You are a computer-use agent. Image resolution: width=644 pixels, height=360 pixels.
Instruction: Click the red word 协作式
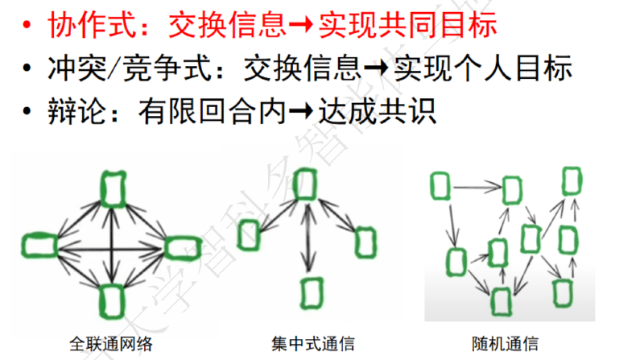click(x=92, y=25)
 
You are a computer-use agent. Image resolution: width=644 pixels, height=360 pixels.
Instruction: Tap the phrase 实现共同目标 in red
click(x=408, y=25)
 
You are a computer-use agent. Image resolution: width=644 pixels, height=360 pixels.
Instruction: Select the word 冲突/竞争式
click(x=130, y=68)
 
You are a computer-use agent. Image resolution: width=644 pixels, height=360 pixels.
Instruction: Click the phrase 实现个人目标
click(x=483, y=68)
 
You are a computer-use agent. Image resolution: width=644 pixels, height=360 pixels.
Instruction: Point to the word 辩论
click(x=76, y=111)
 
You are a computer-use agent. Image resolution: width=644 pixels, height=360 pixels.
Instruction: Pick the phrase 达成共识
click(x=378, y=111)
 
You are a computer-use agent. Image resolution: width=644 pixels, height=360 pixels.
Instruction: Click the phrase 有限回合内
click(x=212, y=111)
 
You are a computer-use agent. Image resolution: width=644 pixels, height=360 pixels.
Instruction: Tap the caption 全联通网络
click(x=111, y=344)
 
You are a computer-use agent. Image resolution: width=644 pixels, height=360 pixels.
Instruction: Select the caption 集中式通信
click(x=313, y=344)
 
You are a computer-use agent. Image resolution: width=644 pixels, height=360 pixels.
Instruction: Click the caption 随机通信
click(x=506, y=344)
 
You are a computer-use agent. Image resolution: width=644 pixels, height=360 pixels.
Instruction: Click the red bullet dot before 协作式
click(x=27, y=25)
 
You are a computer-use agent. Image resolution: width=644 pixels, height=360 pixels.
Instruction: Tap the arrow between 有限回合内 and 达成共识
click(x=301, y=111)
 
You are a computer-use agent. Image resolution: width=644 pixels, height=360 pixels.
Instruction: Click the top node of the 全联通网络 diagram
click(x=113, y=190)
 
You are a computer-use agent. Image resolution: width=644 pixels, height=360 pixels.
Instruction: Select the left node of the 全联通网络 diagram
click(x=39, y=246)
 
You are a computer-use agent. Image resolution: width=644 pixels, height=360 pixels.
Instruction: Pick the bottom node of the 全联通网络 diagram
click(x=112, y=301)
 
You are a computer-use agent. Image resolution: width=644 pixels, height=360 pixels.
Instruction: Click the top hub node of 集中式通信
click(x=305, y=184)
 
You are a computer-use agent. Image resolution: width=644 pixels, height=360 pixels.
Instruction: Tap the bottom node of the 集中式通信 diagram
click(x=312, y=293)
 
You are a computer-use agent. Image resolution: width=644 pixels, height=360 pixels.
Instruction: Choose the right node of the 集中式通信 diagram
click(x=365, y=242)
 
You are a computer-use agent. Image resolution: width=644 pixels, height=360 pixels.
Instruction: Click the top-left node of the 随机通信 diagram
click(x=440, y=186)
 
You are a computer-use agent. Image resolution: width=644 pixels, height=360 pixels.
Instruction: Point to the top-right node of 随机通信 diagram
click(x=572, y=181)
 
